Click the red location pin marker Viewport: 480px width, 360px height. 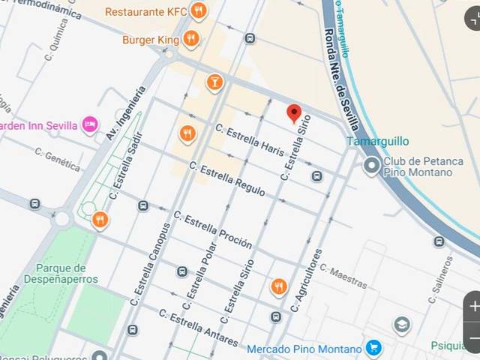(x=295, y=113)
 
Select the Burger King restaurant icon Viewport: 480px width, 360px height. (x=191, y=38)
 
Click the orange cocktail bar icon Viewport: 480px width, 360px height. (x=215, y=82)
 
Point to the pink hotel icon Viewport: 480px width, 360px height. (x=90, y=124)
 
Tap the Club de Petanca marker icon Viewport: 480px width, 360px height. (x=371, y=165)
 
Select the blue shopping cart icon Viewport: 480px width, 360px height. (x=373, y=348)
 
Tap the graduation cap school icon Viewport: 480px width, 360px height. (x=402, y=325)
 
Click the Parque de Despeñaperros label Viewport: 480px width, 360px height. (x=67, y=273)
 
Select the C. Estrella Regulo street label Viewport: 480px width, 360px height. (x=227, y=179)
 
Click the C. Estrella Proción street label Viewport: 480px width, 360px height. (x=212, y=229)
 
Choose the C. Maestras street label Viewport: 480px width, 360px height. (x=343, y=275)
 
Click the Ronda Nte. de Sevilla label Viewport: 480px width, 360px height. (x=342, y=79)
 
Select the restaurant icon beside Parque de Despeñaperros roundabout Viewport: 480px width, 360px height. (x=100, y=220)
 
